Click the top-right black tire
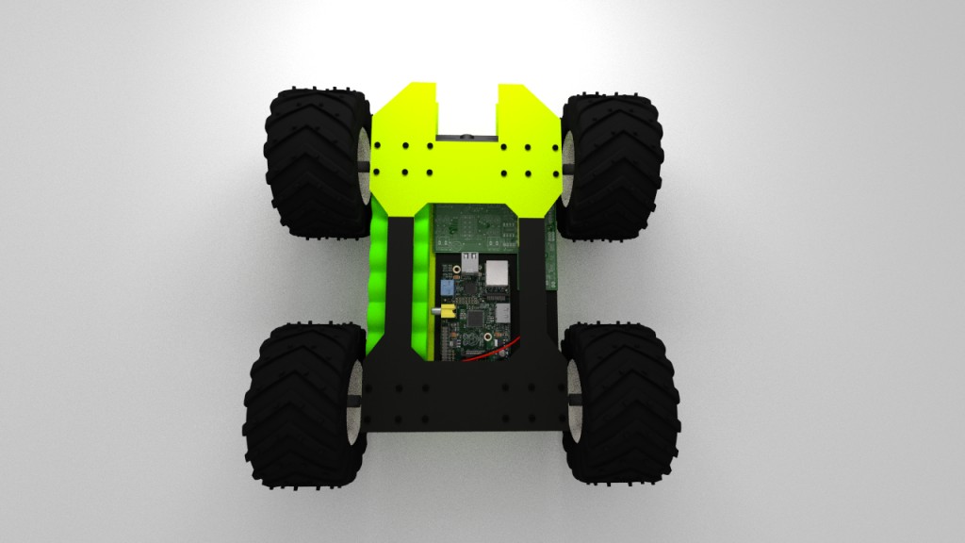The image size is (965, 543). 613,165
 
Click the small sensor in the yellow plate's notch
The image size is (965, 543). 466,136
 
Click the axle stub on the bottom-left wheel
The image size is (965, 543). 359,403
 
